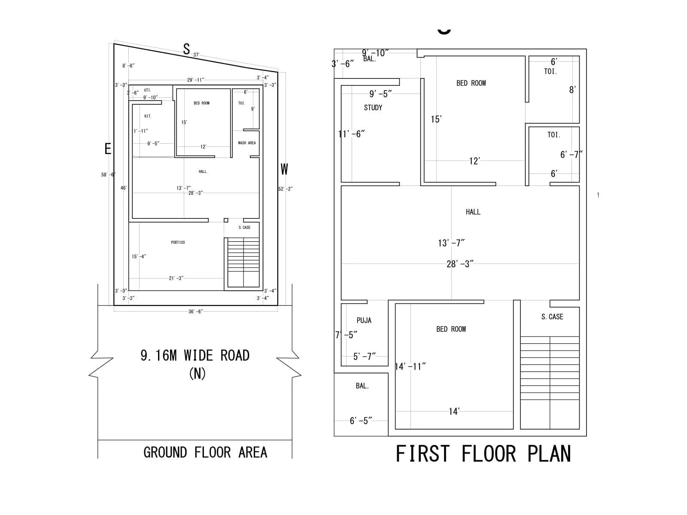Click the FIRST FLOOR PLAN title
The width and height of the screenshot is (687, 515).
483,454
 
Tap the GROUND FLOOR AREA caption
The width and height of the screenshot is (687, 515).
205,452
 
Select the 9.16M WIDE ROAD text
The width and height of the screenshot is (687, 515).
195,355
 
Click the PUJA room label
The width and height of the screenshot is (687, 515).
364,321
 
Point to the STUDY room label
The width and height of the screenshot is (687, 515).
373,108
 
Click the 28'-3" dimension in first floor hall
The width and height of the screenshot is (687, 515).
460,264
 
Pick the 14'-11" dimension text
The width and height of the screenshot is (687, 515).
410,367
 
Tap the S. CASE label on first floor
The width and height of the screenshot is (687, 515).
552,317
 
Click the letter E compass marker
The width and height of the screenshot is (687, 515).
108,149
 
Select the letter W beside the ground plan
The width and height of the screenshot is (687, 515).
284,170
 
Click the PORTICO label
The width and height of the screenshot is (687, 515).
178,242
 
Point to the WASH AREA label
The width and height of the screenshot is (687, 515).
247,143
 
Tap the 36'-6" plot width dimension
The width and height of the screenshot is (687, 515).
195,312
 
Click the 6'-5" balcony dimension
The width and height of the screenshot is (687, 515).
361,421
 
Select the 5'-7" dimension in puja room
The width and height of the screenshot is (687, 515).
364,356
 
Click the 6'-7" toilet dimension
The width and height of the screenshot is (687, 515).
571,154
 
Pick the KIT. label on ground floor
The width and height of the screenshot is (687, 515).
148,116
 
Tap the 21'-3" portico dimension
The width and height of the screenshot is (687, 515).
176,278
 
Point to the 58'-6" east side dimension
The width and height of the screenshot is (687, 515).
108,175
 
